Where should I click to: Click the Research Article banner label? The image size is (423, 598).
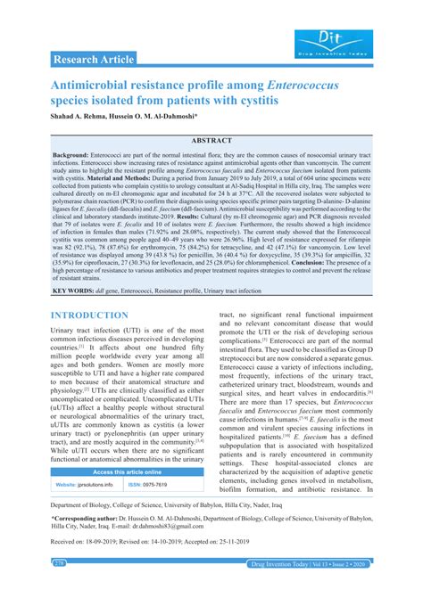click(94, 60)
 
